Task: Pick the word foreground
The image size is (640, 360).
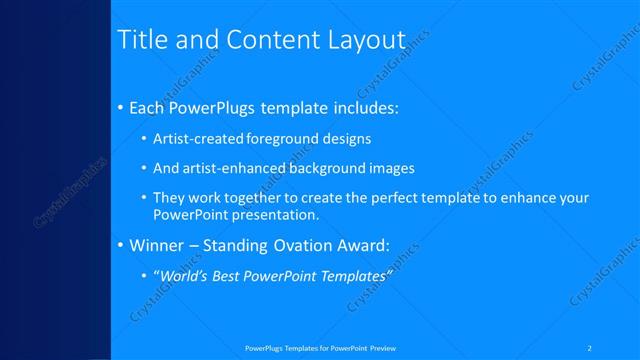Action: coord(272,138)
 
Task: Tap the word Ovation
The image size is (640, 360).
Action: coord(306,245)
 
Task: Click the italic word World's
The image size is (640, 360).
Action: coord(186,275)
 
